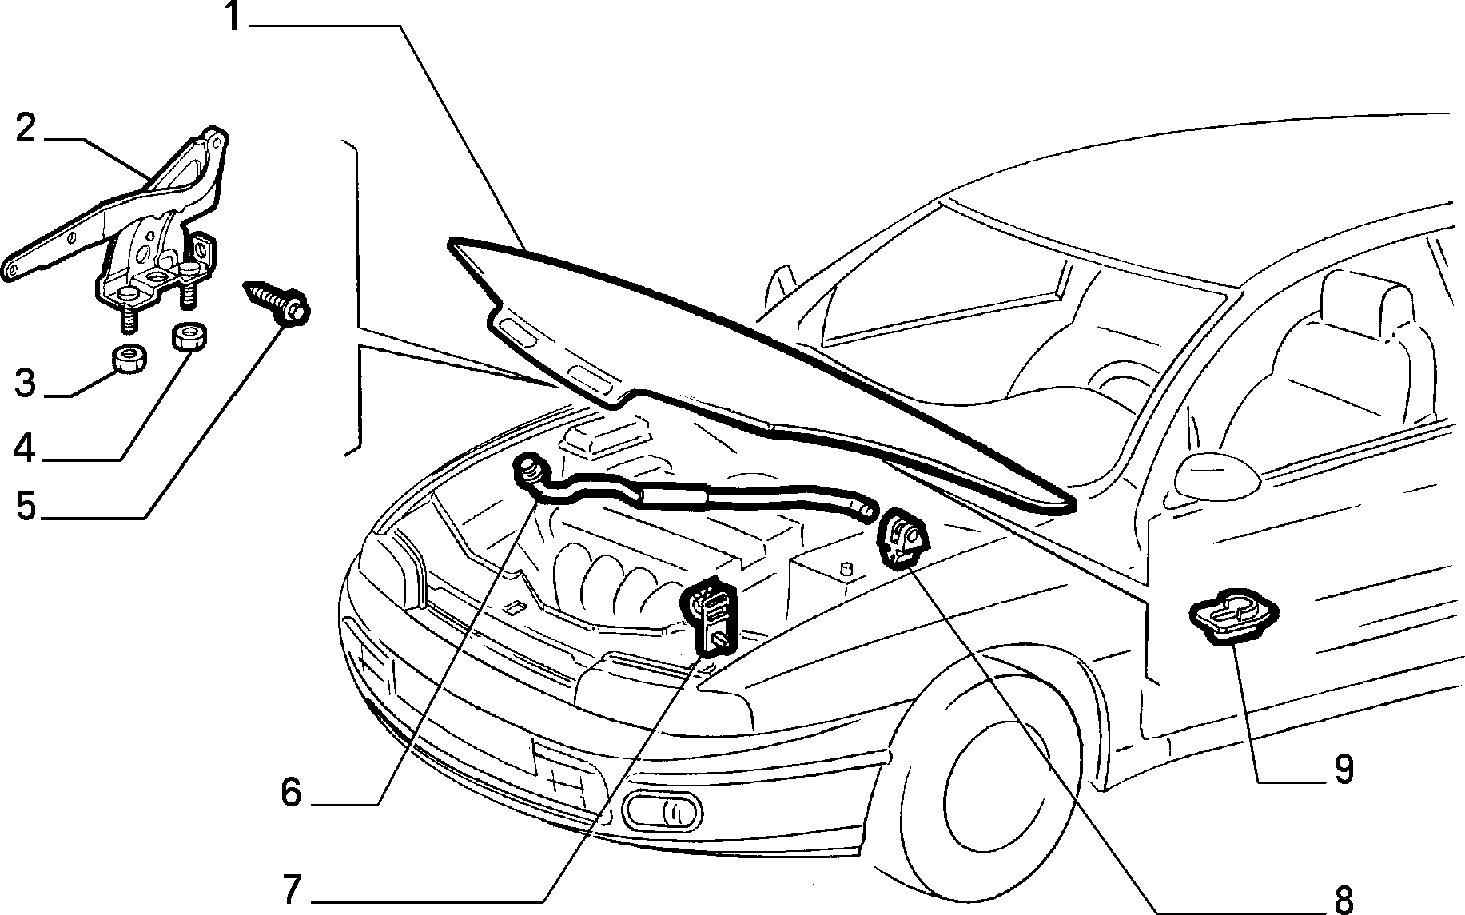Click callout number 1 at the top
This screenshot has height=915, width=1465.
[233, 18]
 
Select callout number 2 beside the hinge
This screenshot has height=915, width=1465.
[26, 128]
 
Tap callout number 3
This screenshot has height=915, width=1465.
[26, 384]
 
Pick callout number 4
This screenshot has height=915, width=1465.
[26, 448]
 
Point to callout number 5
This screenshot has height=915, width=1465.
[26, 506]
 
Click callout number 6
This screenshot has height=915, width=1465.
[291, 793]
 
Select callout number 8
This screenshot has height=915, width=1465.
[1343, 899]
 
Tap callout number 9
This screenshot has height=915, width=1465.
[1344, 769]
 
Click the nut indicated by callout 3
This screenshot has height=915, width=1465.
[127, 360]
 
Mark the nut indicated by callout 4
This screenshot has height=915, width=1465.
[189, 336]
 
